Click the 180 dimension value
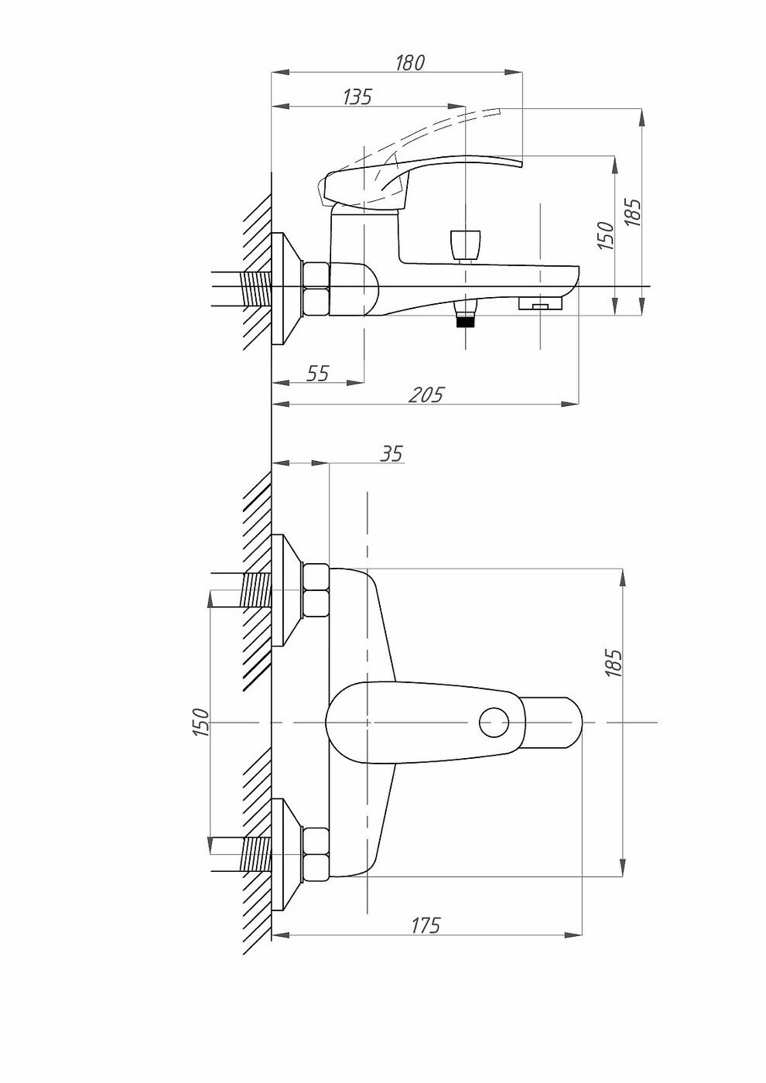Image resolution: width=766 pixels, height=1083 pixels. [x=410, y=63]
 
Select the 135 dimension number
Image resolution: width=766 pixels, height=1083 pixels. [x=357, y=97]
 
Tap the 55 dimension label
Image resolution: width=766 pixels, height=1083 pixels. [x=317, y=373]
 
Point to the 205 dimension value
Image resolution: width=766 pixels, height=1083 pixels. [x=426, y=395]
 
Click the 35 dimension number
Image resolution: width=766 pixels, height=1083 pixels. [x=392, y=454]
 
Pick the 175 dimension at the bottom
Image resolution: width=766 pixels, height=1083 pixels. [x=425, y=924]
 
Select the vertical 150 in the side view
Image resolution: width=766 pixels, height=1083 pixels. [x=606, y=235]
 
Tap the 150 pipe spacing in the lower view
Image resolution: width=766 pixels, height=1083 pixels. [x=201, y=722]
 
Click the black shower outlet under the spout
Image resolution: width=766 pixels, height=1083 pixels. [x=464, y=319]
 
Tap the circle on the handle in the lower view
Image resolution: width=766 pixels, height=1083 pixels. [x=494, y=723]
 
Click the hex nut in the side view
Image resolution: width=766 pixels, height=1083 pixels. [x=316, y=289]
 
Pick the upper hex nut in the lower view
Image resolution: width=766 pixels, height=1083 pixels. [x=316, y=589]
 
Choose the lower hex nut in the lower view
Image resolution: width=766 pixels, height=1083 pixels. [x=316, y=853]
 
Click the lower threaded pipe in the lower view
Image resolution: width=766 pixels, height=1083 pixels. [x=256, y=854]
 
